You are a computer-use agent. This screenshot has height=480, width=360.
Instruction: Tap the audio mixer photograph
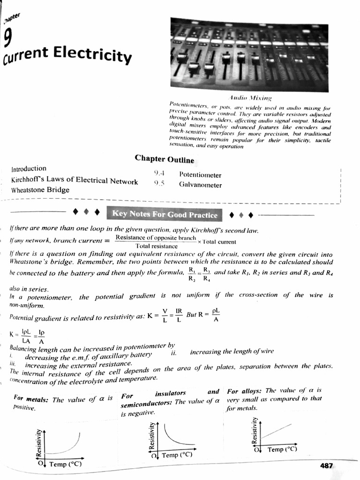click(249, 53)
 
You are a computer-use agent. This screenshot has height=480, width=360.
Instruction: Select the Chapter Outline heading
click(164, 159)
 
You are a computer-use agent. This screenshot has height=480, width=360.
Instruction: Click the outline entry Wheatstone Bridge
click(40, 190)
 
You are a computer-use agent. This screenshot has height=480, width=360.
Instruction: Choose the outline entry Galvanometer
click(200, 185)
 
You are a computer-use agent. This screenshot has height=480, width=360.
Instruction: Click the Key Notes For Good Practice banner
click(165, 215)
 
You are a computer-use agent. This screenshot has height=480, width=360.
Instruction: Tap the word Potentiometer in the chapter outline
click(200, 175)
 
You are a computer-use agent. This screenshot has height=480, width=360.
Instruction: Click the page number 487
click(326, 465)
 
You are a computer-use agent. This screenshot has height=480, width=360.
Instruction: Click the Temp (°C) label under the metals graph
click(65, 464)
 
